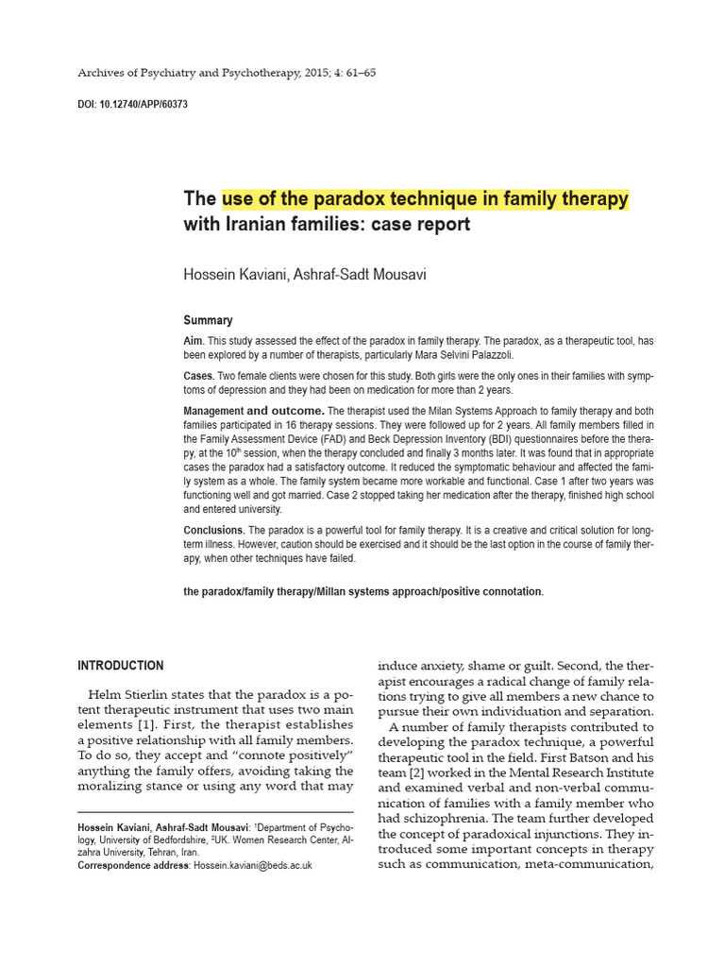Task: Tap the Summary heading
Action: tap(208, 320)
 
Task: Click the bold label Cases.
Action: tap(198, 376)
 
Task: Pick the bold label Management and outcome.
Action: tap(254, 411)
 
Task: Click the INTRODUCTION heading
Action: tap(121, 666)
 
